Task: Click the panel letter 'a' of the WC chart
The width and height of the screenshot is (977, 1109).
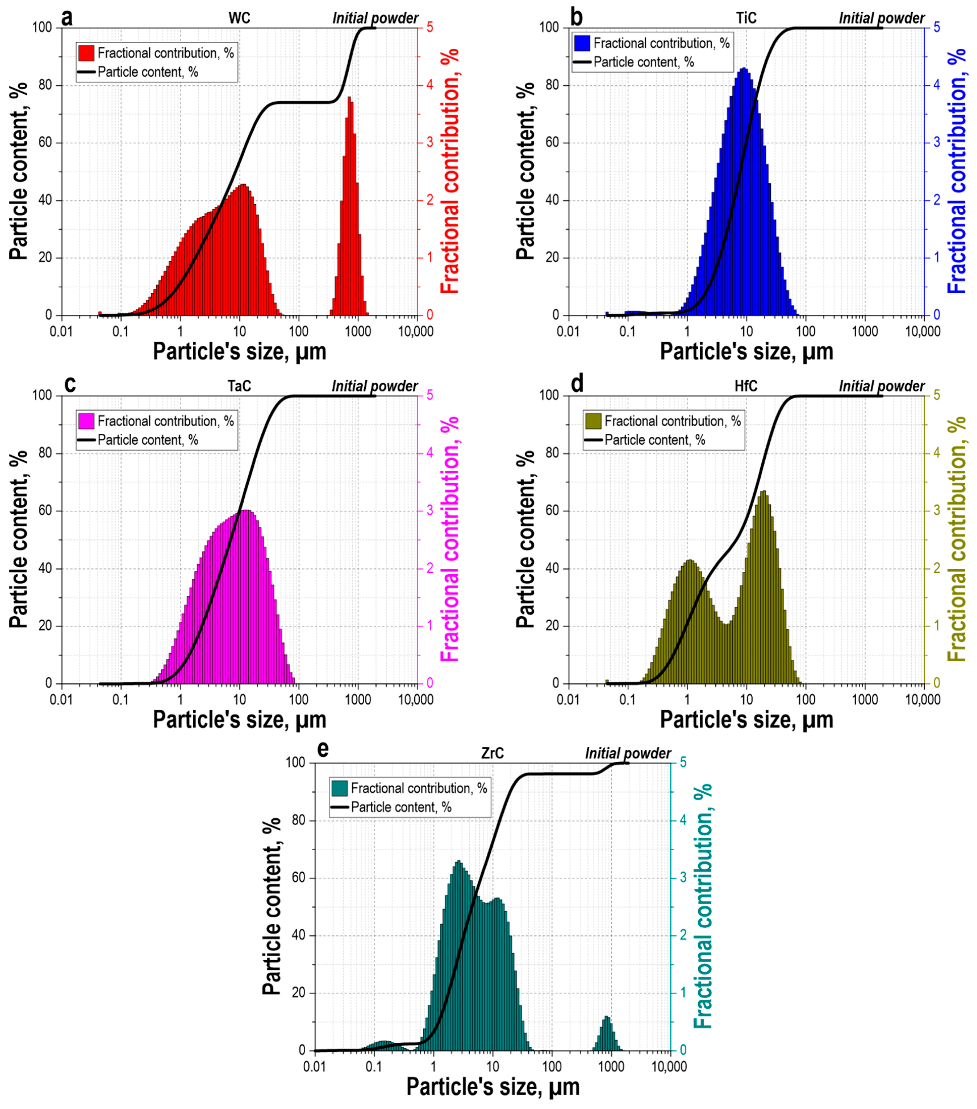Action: point(67,18)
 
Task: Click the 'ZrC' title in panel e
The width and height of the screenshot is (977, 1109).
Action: point(493,753)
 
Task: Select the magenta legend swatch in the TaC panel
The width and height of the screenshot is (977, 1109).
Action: point(86,421)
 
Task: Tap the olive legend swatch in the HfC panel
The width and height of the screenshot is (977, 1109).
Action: point(593,421)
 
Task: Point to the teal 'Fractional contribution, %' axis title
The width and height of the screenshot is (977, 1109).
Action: point(703,906)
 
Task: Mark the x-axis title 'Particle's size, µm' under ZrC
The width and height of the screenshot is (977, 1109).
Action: point(493,1087)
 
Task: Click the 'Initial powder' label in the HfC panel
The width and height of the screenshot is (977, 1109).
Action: point(881,386)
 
